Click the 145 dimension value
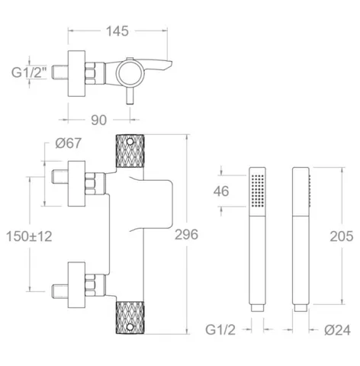117,31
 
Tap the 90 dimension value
99,120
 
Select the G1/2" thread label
29,72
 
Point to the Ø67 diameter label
69,143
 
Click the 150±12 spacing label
29,236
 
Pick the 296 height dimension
186,234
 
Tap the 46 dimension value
221,191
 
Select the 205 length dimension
342,236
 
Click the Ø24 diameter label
337,330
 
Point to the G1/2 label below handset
220,330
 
